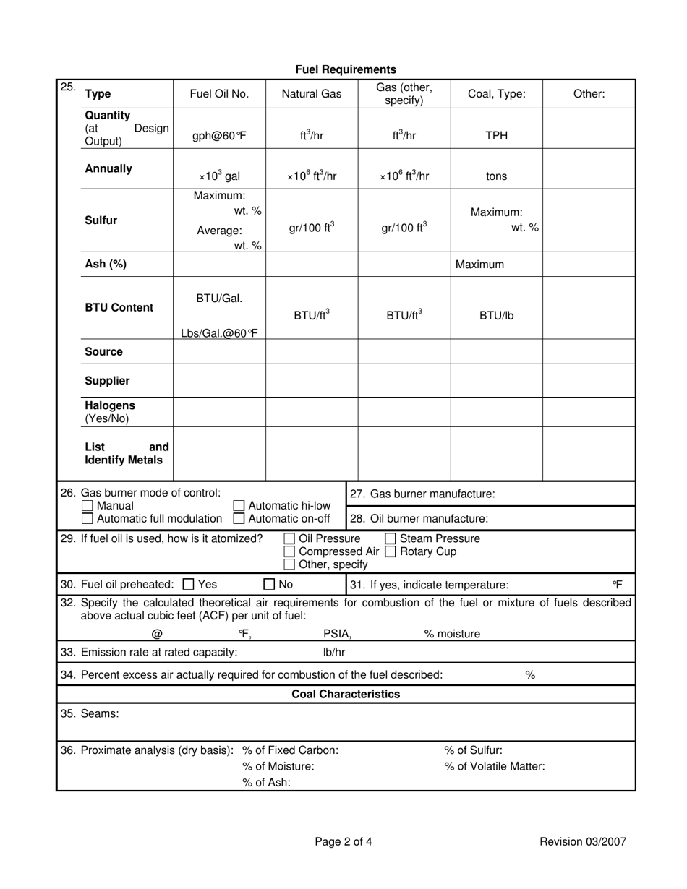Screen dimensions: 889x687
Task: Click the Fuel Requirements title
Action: pyautogui.click(x=346, y=69)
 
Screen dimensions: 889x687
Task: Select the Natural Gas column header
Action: pyautogui.click(x=312, y=94)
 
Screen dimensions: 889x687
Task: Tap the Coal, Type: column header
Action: pyautogui.click(x=496, y=94)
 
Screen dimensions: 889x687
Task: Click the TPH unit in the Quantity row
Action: pyautogui.click(x=496, y=135)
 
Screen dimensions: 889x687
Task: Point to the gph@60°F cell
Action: pyautogui.click(x=219, y=135)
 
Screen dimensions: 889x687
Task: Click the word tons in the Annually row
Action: pyautogui.click(x=496, y=176)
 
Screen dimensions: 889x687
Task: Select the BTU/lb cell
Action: pyautogui.click(x=496, y=315)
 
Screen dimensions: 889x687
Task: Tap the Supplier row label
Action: pyautogui.click(x=108, y=381)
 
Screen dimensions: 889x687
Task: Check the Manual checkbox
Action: pyautogui.click(x=88, y=506)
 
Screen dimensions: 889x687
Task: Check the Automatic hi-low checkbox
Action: pyautogui.click(x=239, y=506)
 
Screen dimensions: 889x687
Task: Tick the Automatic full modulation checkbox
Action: pyautogui.click(x=88, y=519)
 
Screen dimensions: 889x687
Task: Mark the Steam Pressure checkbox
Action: pyautogui.click(x=391, y=538)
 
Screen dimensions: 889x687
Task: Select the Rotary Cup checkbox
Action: pyautogui.click(x=391, y=551)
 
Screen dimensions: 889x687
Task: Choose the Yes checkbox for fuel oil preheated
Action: pyautogui.click(x=189, y=584)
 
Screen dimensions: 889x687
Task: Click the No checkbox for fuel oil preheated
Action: pyautogui.click(x=269, y=584)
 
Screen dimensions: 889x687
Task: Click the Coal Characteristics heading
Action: pyautogui.click(x=346, y=695)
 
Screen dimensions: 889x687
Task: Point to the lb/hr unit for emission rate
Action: pyautogui.click(x=334, y=653)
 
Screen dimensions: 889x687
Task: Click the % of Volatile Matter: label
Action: pyautogui.click(x=495, y=766)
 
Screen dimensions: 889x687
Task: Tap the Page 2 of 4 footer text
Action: pyautogui.click(x=343, y=841)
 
